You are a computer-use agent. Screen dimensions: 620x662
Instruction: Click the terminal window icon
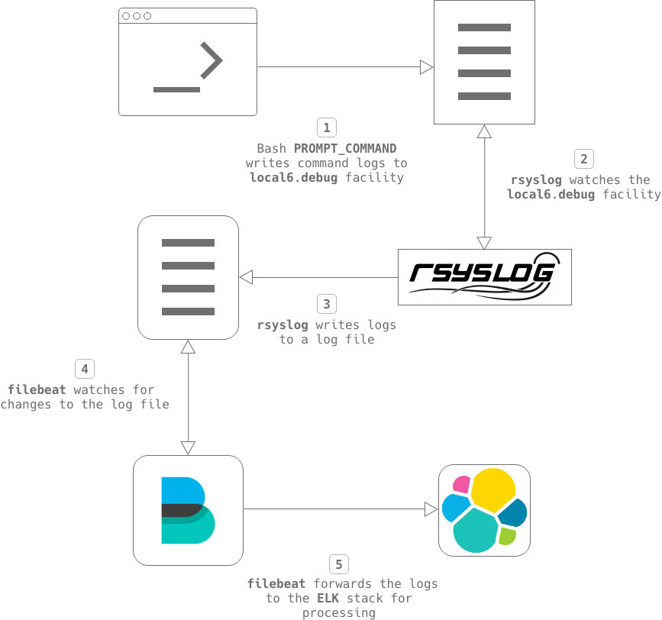click(x=187, y=62)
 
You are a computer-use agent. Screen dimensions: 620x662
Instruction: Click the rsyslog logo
click(x=485, y=276)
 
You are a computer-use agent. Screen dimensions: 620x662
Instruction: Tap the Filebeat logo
click(x=188, y=510)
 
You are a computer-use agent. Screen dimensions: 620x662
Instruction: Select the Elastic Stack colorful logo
click(x=484, y=510)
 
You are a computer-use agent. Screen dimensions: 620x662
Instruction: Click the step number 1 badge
click(x=326, y=127)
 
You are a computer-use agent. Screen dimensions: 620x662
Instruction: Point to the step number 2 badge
click(x=584, y=159)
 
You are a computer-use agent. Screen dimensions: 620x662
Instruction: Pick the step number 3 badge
click(x=326, y=304)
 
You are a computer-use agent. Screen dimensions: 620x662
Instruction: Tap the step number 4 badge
click(x=85, y=369)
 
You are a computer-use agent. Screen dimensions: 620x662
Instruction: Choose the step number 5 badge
click(x=339, y=565)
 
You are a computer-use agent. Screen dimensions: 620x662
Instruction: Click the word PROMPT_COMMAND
click(x=345, y=148)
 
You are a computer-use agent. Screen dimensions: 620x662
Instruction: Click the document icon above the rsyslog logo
click(x=484, y=62)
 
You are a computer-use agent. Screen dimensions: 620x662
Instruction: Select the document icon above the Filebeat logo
click(x=188, y=277)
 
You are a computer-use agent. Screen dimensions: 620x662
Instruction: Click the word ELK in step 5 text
click(x=321, y=598)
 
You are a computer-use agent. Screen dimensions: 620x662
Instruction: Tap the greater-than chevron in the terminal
click(x=211, y=61)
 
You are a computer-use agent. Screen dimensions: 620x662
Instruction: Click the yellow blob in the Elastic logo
click(x=492, y=489)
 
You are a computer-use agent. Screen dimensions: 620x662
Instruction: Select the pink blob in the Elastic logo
click(x=461, y=483)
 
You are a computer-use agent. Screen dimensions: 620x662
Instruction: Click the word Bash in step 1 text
click(x=272, y=148)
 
